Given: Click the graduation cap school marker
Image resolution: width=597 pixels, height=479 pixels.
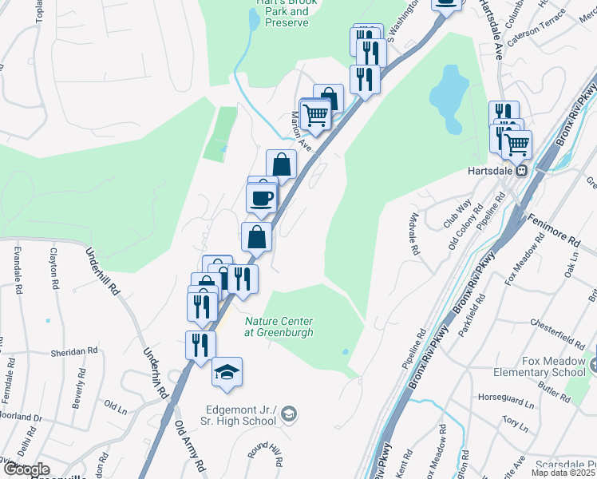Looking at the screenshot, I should tap(227, 372).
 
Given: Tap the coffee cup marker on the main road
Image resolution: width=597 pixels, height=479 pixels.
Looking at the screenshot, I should tap(262, 196).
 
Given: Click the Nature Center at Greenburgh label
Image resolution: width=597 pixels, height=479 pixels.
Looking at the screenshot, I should tap(279, 327).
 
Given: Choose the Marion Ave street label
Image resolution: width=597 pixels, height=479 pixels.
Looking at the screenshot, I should tap(300, 127).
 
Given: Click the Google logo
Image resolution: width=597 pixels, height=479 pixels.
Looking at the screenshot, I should tap(26, 469).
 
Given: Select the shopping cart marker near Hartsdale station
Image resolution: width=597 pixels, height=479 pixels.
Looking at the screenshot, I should tap(517, 145).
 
